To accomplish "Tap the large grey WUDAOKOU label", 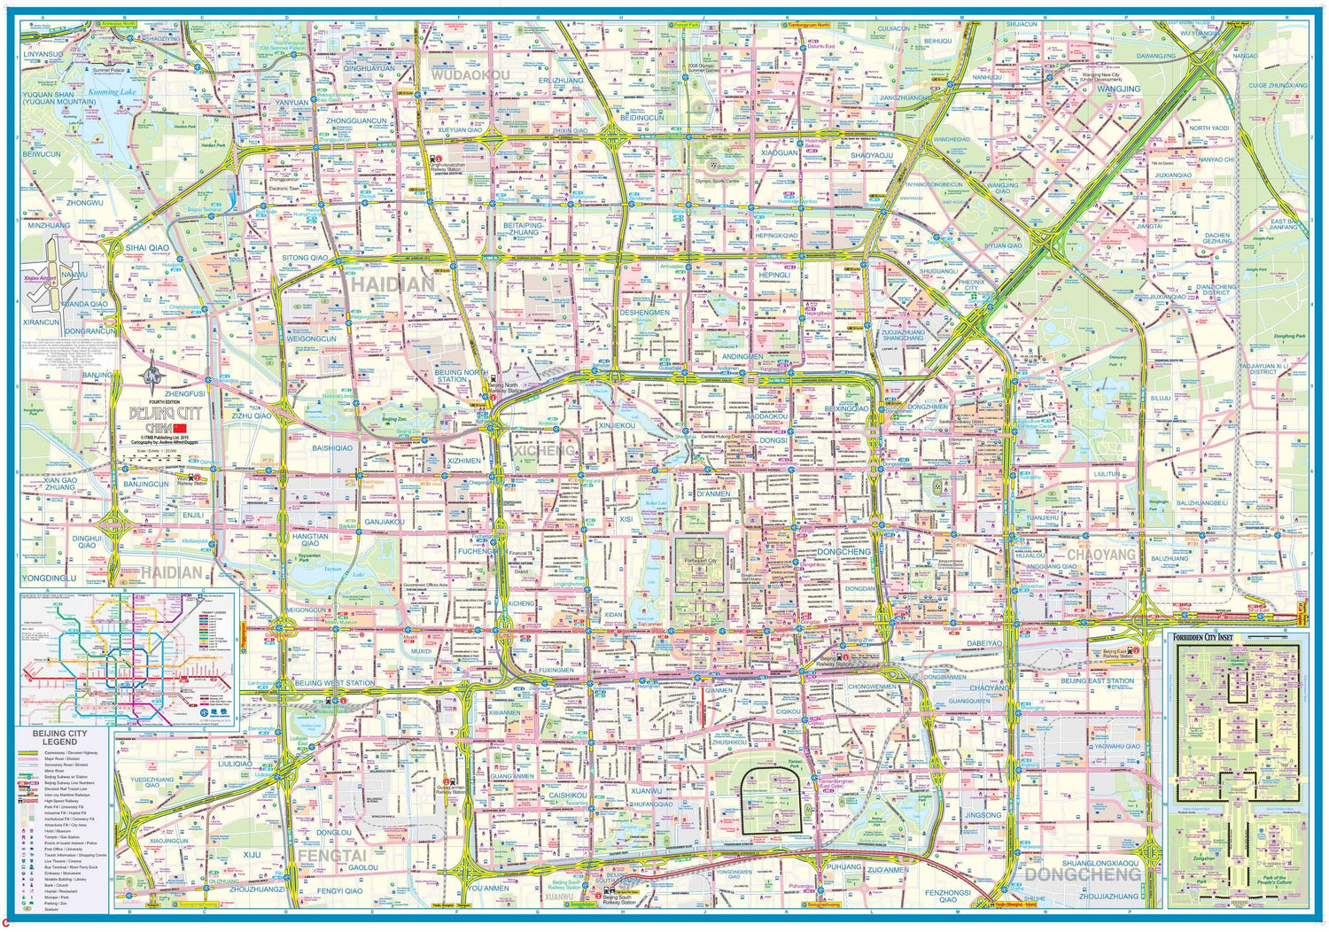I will pos(470,76).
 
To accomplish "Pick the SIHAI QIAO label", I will pos(146,248).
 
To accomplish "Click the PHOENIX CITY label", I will pos(971,284).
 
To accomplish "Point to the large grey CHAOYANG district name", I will pos(1100,555).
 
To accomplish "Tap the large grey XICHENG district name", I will pos(543,450).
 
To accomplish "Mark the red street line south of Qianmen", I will pos(702,708).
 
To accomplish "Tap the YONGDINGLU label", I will pos(49,578).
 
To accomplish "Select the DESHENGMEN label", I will pos(644,313).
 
